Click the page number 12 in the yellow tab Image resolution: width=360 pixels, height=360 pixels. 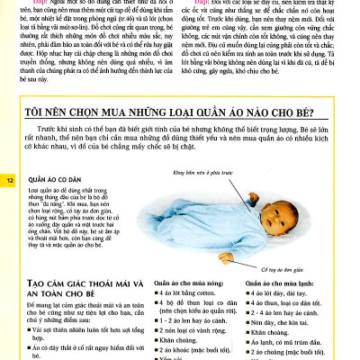coord(11,181)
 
